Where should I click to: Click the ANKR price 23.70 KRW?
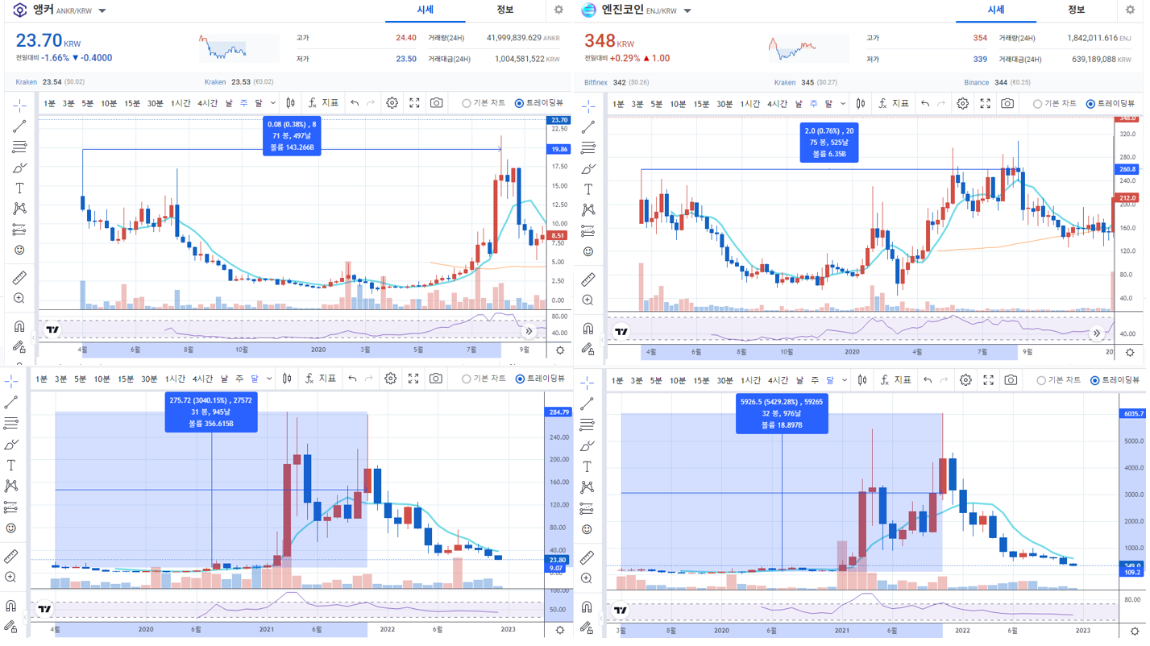39,40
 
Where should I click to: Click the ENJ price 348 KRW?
600,40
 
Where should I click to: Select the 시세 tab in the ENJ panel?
995,10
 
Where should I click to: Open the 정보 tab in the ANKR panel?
504,10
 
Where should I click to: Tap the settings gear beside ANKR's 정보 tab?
558,10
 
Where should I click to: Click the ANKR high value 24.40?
405,38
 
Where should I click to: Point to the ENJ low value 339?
979,59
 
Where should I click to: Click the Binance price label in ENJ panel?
976,82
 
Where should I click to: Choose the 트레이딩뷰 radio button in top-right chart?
1090,104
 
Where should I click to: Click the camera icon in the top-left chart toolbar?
436,103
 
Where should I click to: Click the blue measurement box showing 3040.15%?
211,412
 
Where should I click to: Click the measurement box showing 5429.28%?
781,412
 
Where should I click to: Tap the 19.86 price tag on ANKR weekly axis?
558,149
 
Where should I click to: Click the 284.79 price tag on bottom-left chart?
558,412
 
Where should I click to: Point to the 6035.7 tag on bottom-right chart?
1132,413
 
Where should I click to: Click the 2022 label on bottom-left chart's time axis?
387,629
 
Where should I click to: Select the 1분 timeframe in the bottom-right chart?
617,380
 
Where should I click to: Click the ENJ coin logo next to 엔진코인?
588,10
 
